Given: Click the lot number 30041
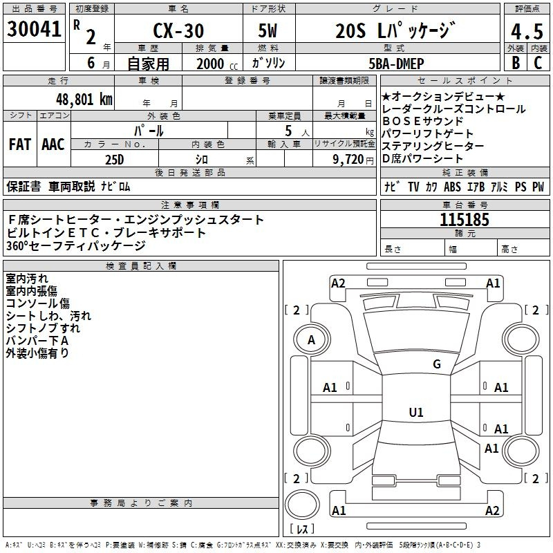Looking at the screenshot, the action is coord(34,29).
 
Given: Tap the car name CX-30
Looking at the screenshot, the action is coord(178,30).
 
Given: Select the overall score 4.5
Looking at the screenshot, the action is coord(527,31).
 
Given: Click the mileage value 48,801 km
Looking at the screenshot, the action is coord(84,100).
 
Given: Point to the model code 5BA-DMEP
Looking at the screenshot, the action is coord(396,64).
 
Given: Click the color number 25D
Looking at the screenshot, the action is coord(115,160).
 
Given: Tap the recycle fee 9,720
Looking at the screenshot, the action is coord(348,160).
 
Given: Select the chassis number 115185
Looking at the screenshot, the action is coord(465,220).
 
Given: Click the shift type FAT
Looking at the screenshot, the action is coord(20,144).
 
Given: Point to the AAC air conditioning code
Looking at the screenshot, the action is coord(53,144).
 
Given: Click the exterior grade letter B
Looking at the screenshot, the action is coord(516,63).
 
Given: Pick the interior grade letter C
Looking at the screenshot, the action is coord(538,63).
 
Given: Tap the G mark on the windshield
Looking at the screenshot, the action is coord(437,364).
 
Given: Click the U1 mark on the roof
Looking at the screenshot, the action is coord(416,412).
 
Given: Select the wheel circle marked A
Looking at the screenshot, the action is coord(312,340).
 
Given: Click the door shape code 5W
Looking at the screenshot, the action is coord(268,30).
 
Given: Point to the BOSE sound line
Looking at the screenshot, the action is coord(422,121).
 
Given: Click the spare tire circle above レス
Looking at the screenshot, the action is coord(302,505).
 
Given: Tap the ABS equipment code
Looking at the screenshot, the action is coord(452,187).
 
